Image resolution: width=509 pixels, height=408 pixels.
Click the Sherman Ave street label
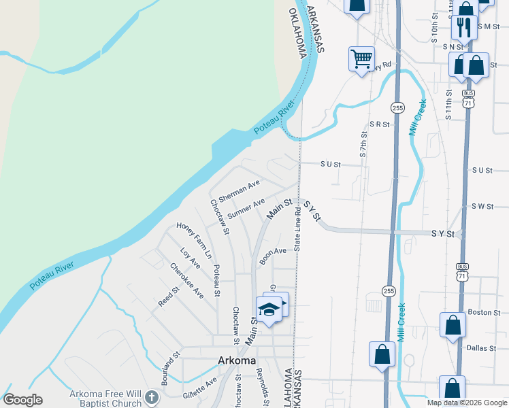coord(240,191)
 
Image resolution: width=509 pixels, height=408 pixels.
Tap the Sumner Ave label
coord(246,209)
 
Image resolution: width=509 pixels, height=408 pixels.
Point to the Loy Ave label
coord(191,258)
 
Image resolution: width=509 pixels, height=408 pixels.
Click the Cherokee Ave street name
coord(187,280)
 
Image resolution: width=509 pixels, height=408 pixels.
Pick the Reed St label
coord(168,296)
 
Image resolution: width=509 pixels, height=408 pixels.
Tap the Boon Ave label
coord(272,255)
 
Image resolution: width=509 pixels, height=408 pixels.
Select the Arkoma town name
coord(237,360)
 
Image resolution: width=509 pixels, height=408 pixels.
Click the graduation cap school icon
coord(269,309)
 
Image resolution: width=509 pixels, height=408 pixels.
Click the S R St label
coord(379,124)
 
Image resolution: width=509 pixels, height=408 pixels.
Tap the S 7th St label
coord(363,146)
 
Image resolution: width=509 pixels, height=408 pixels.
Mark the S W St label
coord(481,206)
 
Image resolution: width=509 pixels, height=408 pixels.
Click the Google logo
coord(22,400)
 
